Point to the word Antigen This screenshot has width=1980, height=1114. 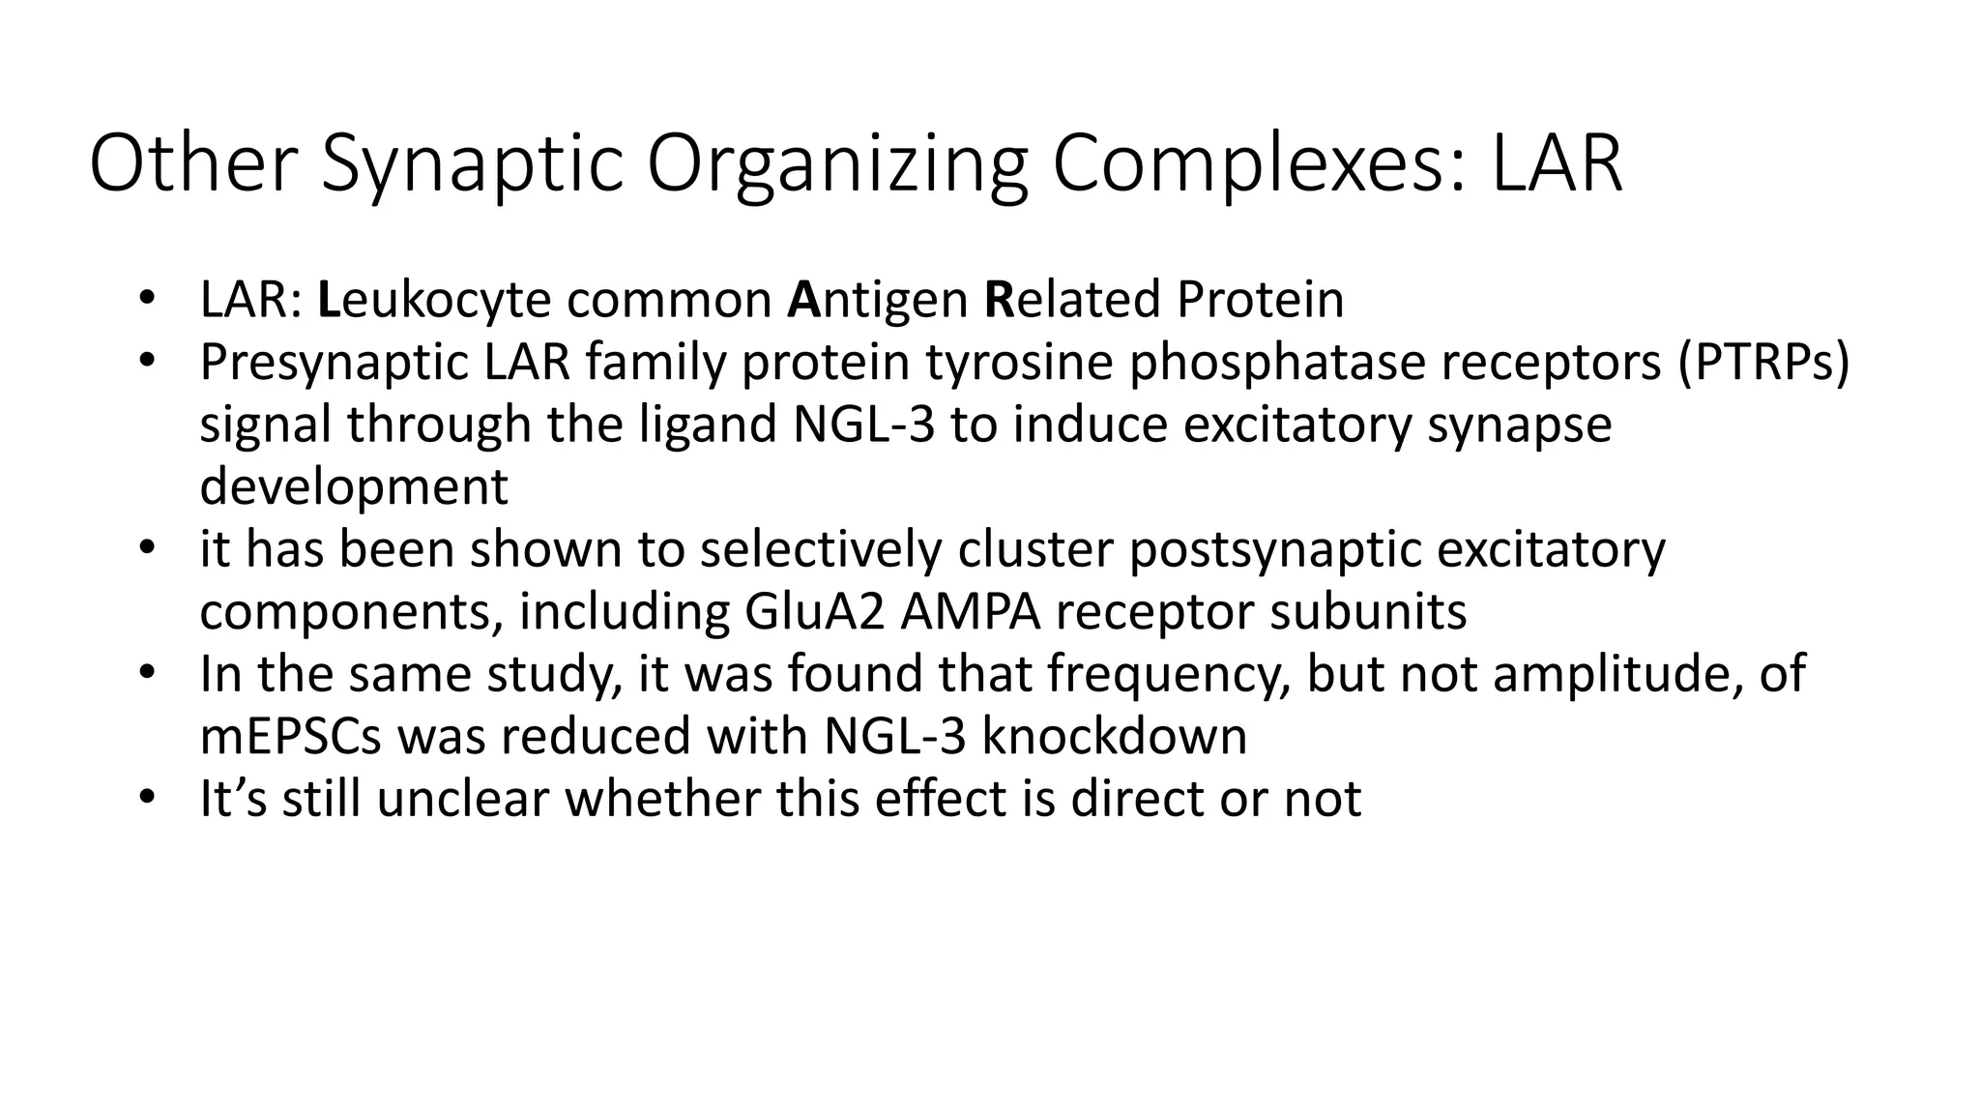pos(878,300)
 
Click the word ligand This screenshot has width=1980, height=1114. pos(708,425)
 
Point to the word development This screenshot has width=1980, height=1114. pos(354,486)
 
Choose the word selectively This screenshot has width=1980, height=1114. pos(821,549)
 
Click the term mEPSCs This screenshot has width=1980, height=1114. pos(291,736)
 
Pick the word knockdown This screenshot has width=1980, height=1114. pos(1114,736)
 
